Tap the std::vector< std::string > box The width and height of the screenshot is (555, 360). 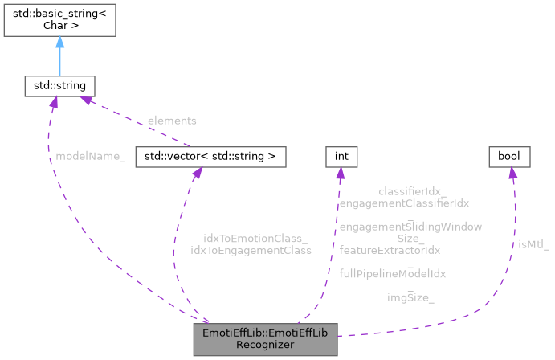(x=210, y=155)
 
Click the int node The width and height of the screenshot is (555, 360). (x=341, y=155)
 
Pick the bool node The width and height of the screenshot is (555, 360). (x=509, y=155)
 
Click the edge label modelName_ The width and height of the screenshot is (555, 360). (x=90, y=155)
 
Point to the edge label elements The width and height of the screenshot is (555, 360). (x=171, y=121)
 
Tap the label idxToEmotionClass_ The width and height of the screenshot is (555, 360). (x=255, y=239)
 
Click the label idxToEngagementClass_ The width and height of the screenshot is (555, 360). (x=253, y=250)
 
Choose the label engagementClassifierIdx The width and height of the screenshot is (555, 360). (x=404, y=204)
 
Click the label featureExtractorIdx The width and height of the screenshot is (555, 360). (x=390, y=250)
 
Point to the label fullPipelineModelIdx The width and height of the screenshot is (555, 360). (x=393, y=273)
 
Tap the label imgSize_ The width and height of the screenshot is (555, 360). (x=410, y=297)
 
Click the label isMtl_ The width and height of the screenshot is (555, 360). (x=533, y=244)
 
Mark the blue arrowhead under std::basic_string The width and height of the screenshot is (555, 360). (x=59, y=42)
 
